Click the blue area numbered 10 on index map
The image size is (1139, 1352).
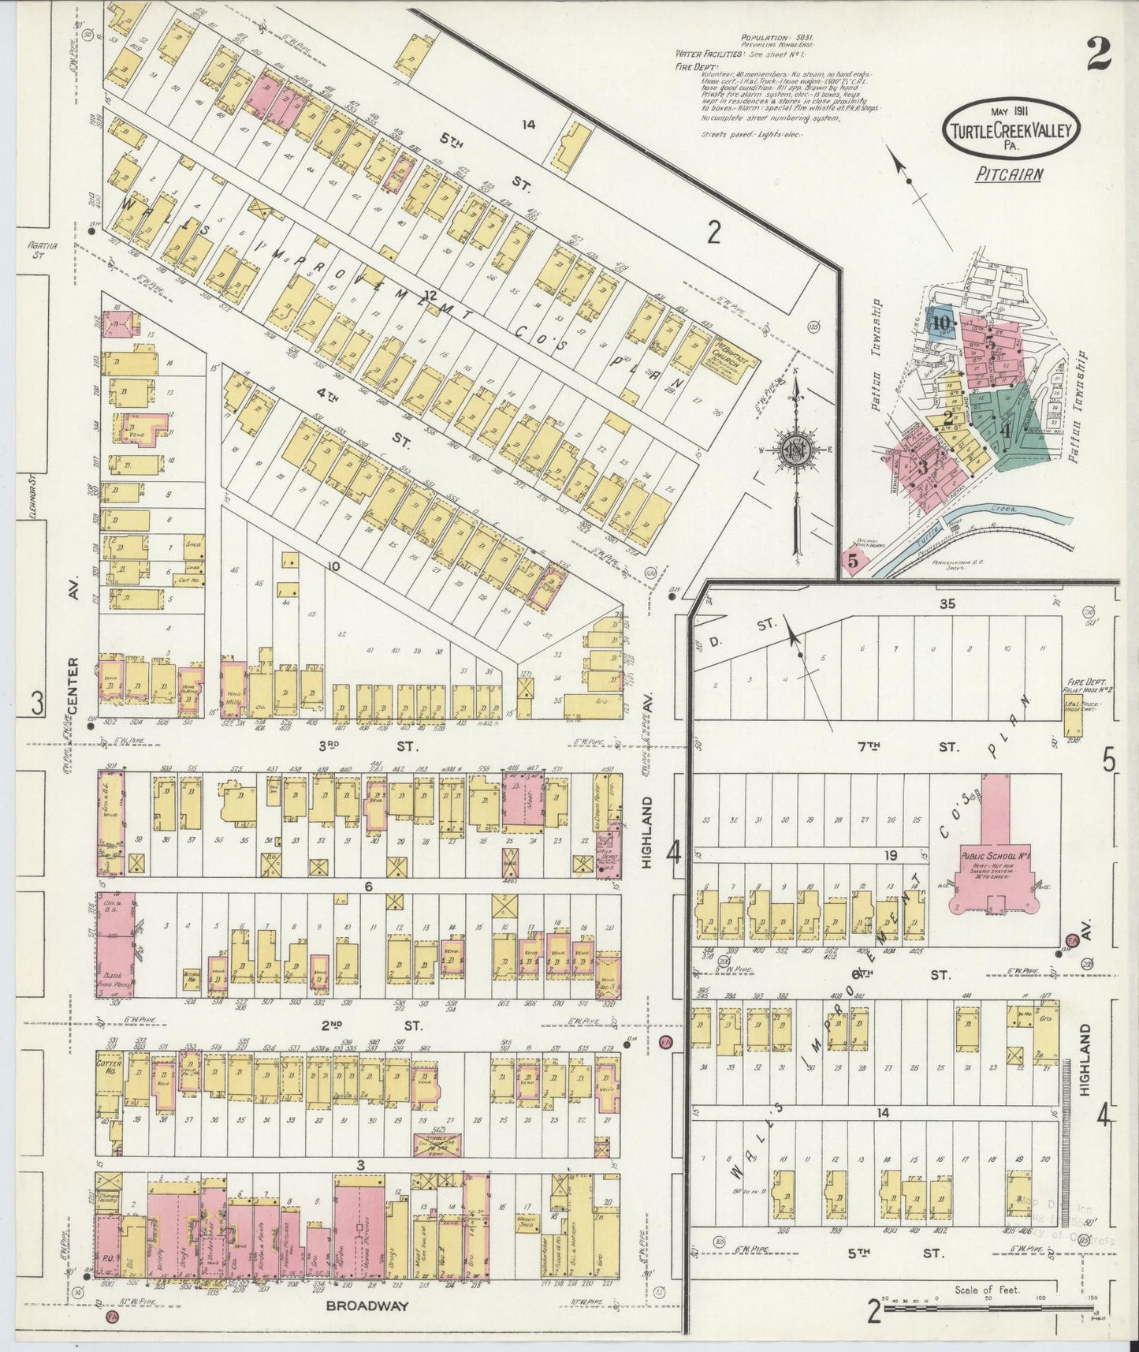[x=941, y=322]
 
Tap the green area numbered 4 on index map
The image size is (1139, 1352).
[x=1006, y=431]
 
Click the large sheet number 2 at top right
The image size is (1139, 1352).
[x=1097, y=55]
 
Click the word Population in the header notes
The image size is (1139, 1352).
[x=765, y=37]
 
